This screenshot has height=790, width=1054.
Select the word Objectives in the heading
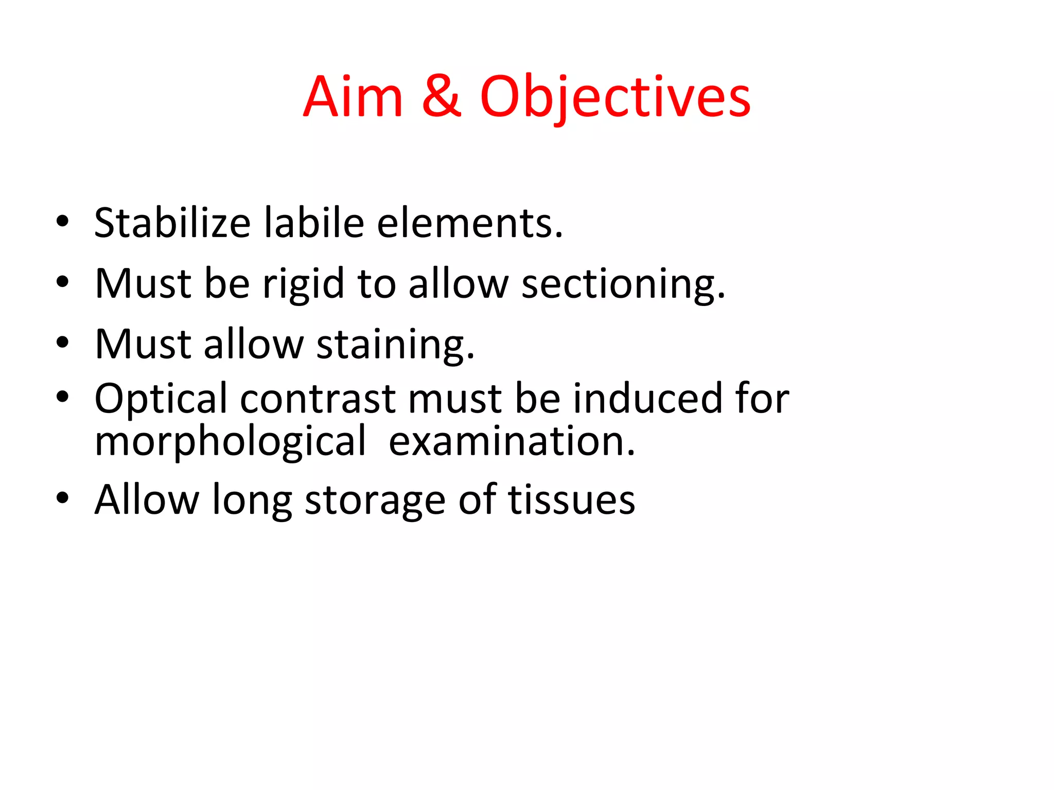click(615, 98)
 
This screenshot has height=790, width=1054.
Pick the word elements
click(469, 224)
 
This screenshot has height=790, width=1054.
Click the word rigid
click(303, 284)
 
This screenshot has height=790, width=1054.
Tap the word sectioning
click(623, 284)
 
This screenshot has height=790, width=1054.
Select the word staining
click(395, 345)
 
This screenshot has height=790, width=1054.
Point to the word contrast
click(318, 399)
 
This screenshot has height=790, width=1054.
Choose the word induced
click(648, 399)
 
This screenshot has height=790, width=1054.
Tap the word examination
click(512, 441)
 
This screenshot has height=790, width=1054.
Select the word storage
click(375, 500)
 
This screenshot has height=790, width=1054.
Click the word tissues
click(571, 499)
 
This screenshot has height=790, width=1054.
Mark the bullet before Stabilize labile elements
click(62, 222)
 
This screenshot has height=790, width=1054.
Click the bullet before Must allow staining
click(62, 343)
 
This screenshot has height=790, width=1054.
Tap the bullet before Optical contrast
click(62, 397)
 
